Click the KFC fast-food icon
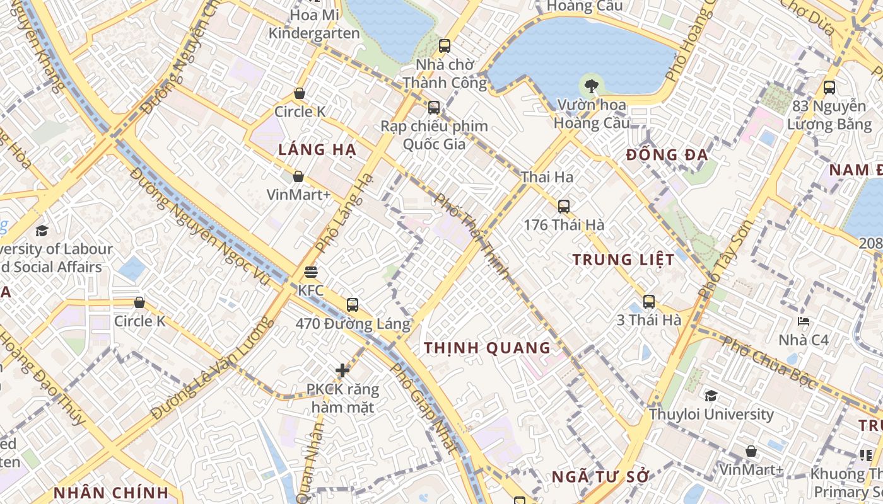point(310,272)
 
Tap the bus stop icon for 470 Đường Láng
point(353,305)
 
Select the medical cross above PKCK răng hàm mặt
point(342,370)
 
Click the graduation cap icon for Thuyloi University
point(711,396)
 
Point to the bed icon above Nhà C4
point(803,321)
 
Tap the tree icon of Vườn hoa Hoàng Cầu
point(591,85)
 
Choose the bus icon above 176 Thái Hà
point(564,206)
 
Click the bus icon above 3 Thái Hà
point(649,301)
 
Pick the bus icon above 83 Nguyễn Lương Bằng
point(829,88)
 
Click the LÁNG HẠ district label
point(317,150)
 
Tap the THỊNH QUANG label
point(488,348)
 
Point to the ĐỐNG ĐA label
point(667,155)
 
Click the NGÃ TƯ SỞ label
point(600,477)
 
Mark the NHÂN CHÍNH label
point(111,493)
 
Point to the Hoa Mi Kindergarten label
point(314,24)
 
